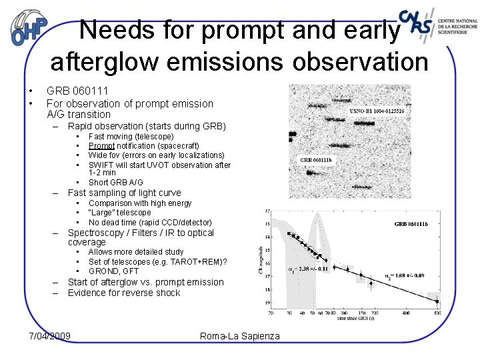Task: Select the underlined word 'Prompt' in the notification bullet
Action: click(x=101, y=146)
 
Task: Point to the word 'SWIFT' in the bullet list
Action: click(x=101, y=165)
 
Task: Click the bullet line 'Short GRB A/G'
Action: click(x=115, y=183)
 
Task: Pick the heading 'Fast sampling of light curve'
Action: click(x=124, y=193)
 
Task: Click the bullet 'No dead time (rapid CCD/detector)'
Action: click(x=150, y=222)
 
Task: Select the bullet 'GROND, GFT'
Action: click(x=113, y=271)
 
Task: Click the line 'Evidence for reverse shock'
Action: click(x=124, y=293)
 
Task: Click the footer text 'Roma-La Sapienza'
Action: click(x=240, y=336)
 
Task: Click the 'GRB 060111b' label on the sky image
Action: click(x=317, y=160)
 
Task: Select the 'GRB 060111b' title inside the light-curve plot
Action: click(x=411, y=224)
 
